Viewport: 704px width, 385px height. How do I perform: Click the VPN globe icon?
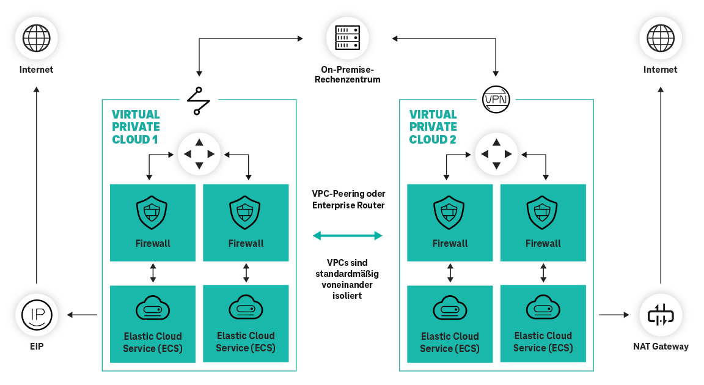(497, 99)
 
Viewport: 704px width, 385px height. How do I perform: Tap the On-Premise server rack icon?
(347, 37)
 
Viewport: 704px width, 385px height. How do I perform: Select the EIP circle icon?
(36, 315)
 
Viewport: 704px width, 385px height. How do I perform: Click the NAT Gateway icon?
(660, 315)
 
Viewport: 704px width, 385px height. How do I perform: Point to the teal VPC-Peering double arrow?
(347, 235)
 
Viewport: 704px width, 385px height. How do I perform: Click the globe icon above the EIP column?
(36, 37)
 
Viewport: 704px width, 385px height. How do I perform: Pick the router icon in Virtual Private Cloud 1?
(199, 153)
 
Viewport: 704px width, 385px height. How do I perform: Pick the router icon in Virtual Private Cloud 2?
(496, 153)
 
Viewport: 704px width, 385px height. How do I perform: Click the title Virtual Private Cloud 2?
(433, 127)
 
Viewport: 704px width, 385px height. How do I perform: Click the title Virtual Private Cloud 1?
(136, 127)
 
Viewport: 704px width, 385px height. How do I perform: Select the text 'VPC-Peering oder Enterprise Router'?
(348, 199)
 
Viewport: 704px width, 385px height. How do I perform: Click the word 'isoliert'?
(346, 295)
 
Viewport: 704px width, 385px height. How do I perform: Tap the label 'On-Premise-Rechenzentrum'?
(347, 75)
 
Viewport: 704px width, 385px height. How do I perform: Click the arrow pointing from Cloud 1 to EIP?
(82, 315)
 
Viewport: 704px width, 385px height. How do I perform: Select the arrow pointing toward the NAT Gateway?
(614, 315)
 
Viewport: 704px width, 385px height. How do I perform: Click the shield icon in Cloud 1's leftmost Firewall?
(152, 212)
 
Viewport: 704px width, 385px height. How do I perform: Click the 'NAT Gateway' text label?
(660, 346)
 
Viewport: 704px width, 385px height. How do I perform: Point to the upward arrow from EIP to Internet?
(36, 183)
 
